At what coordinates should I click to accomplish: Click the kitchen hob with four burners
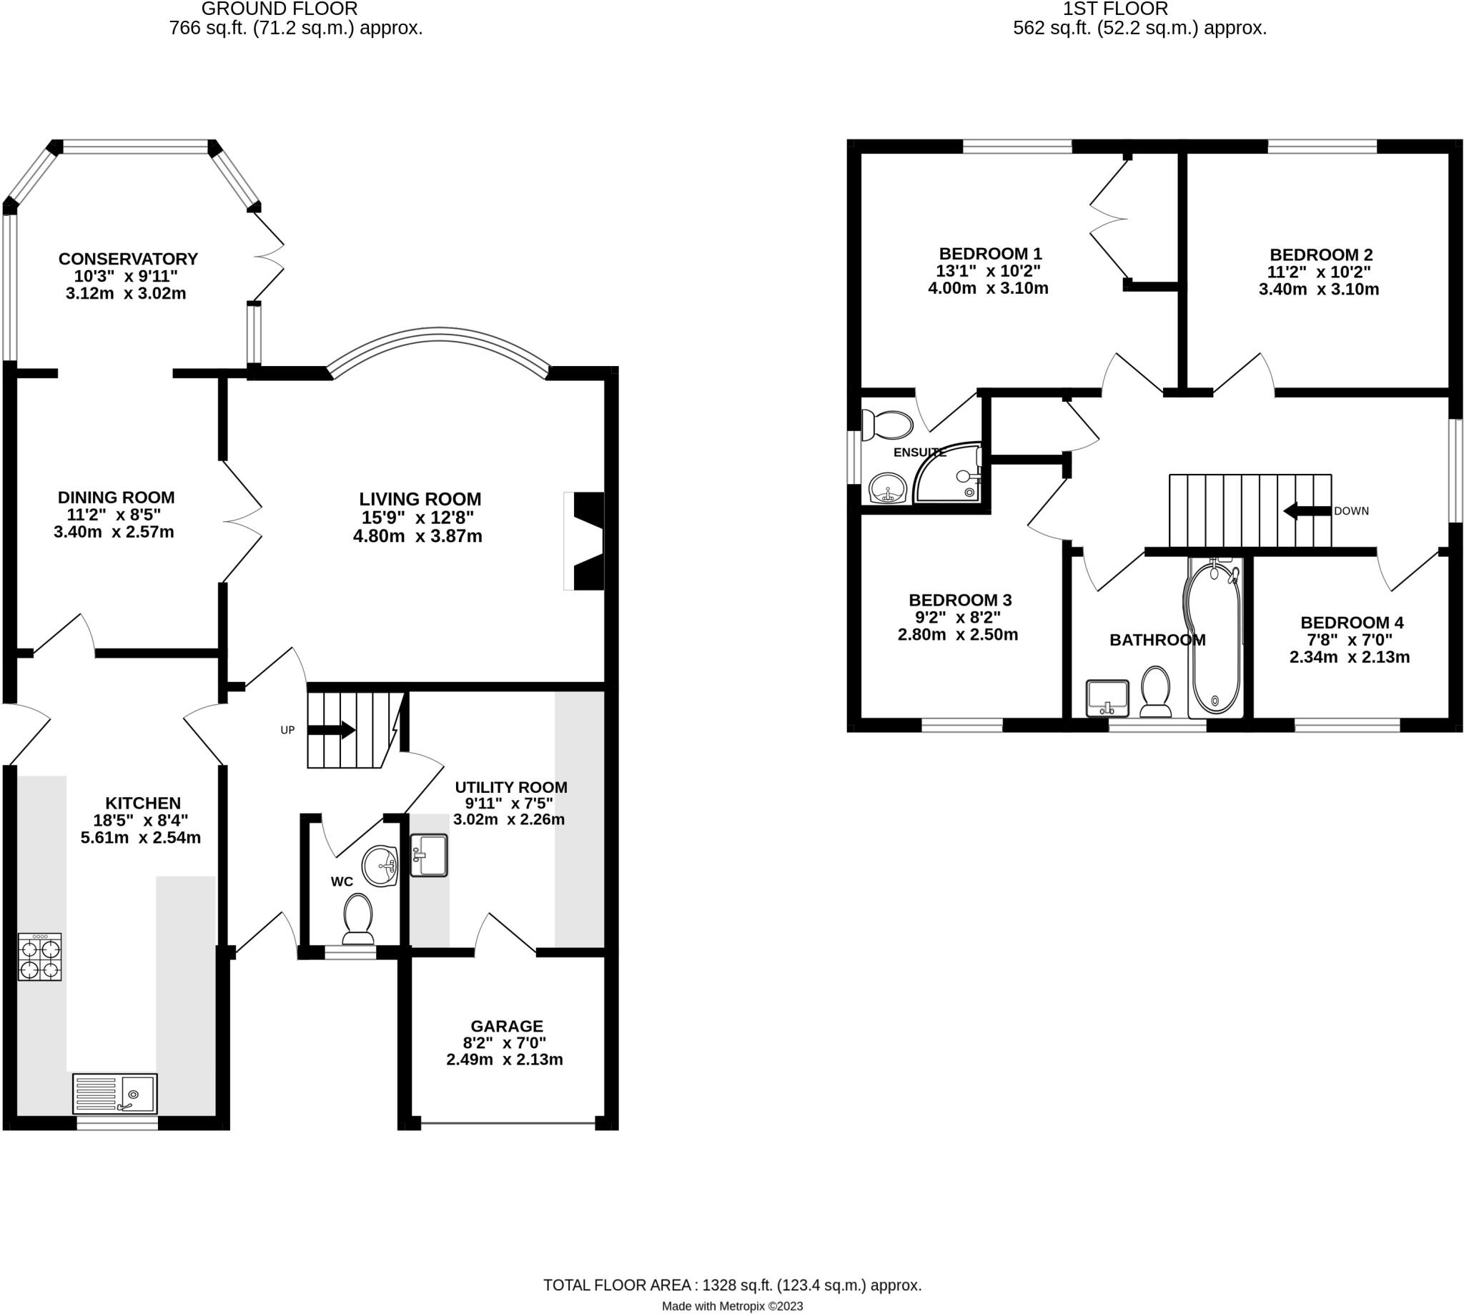[40, 957]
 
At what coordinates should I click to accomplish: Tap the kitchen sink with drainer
[115, 1093]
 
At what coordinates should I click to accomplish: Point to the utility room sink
[429, 856]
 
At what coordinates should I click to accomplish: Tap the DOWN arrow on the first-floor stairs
[1307, 510]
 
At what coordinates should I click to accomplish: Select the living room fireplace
[585, 540]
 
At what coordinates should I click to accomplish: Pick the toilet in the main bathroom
[1155, 690]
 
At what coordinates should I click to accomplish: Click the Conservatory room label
[128, 259]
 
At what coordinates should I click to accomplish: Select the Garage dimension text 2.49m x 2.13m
[505, 1059]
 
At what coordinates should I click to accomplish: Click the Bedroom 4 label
[1351, 623]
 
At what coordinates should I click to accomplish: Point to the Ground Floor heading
[279, 9]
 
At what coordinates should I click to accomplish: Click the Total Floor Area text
[732, 1285]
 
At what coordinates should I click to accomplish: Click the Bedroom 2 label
[1320, 254]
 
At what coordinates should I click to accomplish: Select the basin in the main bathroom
[1107, 697]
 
